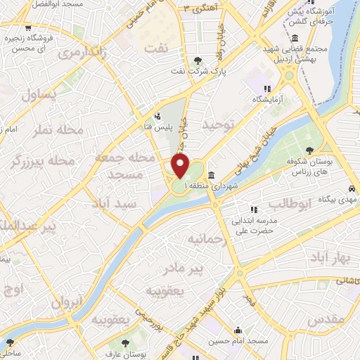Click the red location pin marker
coord(181,167)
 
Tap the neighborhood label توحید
coord(217,124)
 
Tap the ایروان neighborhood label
coord(67,303)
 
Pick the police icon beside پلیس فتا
coord(157,117)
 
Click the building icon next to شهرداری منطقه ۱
coord(212,175)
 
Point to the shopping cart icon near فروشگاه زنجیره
coord(28,30)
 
